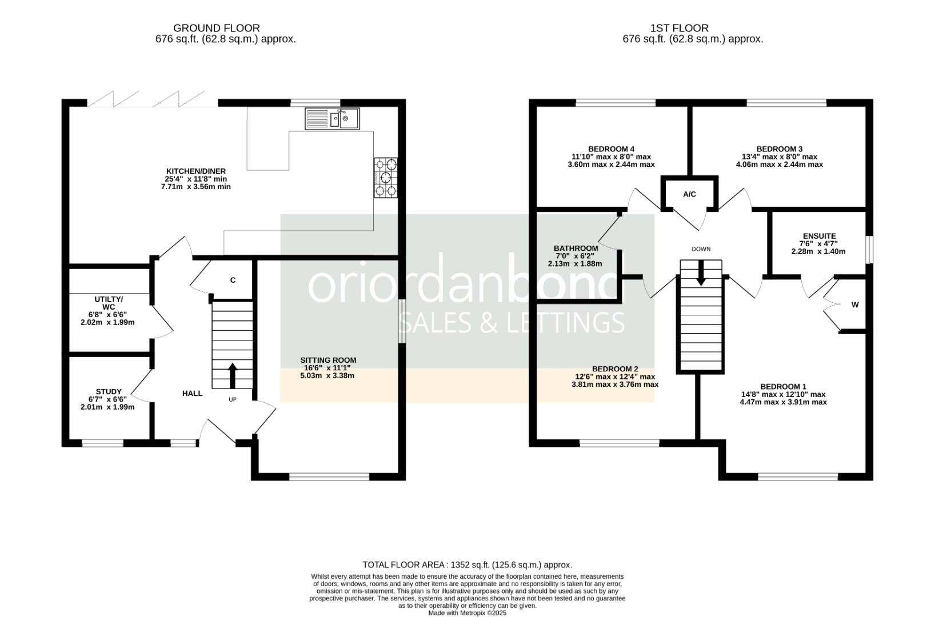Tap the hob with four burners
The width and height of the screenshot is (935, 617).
tap(386, 178)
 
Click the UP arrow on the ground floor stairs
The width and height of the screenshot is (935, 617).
tap(232, 375)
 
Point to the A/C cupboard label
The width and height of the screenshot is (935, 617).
tap(689, 194)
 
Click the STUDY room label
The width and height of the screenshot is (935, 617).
tap(109, 391)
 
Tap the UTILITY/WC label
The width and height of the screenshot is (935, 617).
tap(109, 303)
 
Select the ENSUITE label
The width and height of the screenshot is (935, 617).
tap(819, 236)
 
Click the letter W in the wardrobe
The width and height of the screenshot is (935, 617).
tap(855, 305)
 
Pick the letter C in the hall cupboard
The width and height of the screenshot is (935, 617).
tap(233, 280)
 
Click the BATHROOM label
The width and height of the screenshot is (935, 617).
tap(576, 248)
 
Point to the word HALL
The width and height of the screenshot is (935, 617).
tap(192, 393)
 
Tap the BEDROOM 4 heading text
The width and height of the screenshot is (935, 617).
tap(611, 149)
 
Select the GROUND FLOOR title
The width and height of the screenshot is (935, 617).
tap(216, 28)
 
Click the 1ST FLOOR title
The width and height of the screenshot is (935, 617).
tap(679, 28)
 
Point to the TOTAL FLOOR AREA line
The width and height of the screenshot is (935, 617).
tap(467, 564)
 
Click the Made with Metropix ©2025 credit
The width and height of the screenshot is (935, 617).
tap(467, 612)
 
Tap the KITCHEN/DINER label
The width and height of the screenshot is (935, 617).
tap(195, 171)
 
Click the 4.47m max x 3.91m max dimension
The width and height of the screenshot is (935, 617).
tap(782, 402)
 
